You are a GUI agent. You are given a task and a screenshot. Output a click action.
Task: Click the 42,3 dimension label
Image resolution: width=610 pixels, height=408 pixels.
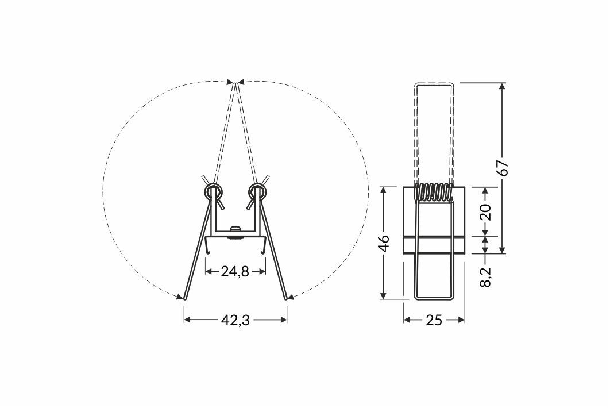coord(235,320)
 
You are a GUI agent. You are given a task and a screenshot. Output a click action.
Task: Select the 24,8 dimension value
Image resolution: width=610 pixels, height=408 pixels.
coord(235,271)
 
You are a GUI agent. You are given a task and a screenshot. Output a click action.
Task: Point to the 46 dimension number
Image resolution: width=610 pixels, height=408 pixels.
coord(384,243)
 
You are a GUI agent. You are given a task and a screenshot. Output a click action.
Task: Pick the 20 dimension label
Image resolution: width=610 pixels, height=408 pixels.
coord(485,212)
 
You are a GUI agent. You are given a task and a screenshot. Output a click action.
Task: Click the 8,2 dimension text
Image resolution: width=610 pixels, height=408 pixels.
coord(485,277)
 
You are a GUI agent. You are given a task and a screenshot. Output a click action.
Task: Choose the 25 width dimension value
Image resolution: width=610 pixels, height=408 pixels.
coord(434,320)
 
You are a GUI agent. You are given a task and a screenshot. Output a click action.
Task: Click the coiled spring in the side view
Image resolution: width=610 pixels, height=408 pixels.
coord(434,191)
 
